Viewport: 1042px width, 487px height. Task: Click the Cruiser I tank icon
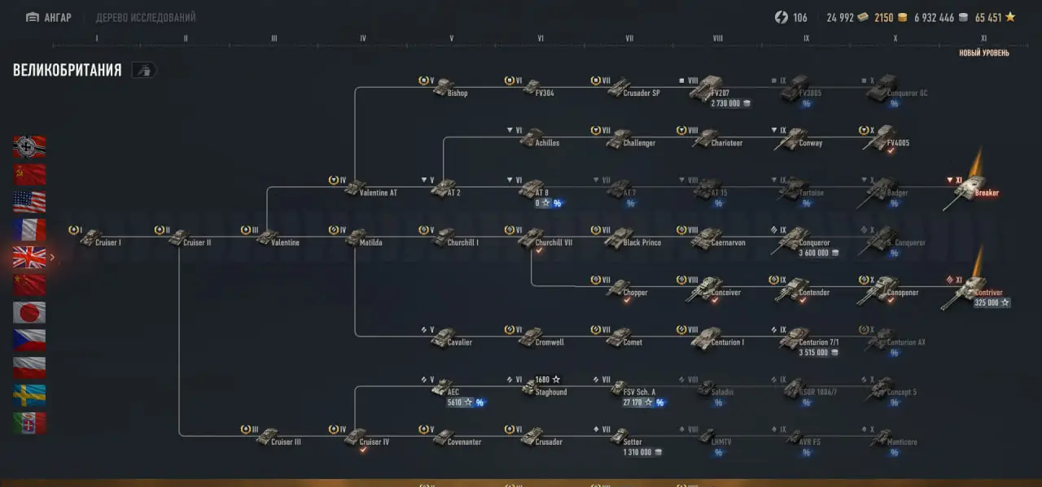(90, 237)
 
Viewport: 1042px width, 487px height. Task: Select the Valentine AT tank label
(378, 193)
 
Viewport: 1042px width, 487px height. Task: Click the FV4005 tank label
(898, 143)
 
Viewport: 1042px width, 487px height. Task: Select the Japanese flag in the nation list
(29, 313)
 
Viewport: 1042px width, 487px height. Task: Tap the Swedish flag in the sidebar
(29, 396)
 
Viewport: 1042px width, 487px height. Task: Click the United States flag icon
(29, 202)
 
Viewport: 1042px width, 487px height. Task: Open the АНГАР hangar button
(49, 17)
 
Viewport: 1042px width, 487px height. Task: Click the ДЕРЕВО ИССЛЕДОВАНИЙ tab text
(146, 17)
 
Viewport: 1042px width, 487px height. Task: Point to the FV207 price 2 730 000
(730, 104)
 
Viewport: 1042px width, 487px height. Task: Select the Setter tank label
(633, 442)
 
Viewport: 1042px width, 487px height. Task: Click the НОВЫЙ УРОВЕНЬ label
(983, 54)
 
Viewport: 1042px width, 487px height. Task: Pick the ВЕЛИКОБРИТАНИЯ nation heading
(68, 71)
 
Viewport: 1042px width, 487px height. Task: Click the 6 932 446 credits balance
(934, 17)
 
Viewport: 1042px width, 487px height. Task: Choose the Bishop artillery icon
(443, 88)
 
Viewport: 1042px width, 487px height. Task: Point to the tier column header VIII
(717, 38)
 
